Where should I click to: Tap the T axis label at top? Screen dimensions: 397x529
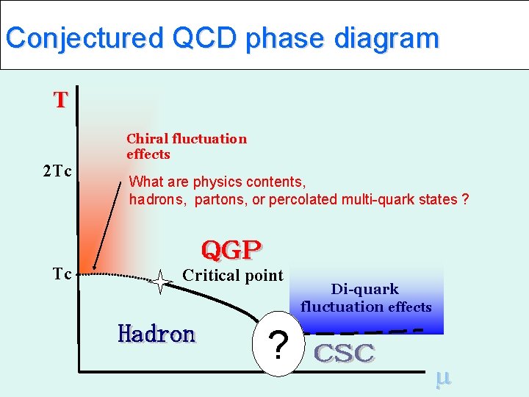(60, 100)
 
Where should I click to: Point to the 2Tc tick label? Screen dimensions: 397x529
(56, 172)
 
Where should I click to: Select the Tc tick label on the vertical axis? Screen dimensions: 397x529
(62, 274)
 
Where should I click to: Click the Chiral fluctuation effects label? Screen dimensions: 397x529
(186, 146)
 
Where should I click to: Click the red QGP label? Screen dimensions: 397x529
(231, 251)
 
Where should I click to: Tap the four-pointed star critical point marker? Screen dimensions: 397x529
(160, 282)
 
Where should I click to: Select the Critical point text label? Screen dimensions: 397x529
(232, 276)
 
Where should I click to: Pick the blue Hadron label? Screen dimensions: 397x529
(156, 334)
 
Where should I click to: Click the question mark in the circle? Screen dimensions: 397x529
(278, 345)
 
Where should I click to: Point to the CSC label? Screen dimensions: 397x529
(345, 354)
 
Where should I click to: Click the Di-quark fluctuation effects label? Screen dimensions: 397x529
(365, 298)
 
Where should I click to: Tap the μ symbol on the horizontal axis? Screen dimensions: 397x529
(442, 378)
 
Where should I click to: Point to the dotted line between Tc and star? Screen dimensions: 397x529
(118, 276)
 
